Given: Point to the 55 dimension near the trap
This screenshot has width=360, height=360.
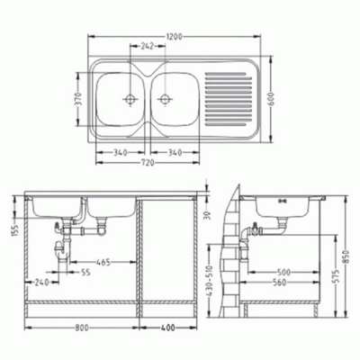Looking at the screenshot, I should pyautogui.click(x=85, y=271).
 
